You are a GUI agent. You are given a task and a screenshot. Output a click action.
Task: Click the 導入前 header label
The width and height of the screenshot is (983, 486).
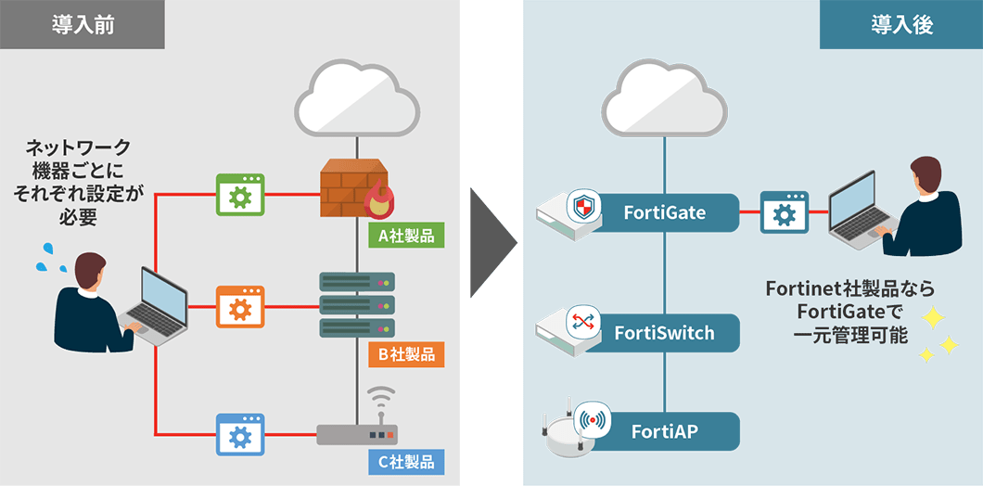tap(83, 24)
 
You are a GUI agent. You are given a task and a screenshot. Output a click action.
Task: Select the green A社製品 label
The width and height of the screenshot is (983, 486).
tap(405, 236)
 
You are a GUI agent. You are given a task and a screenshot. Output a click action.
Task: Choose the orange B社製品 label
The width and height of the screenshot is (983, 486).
tap(405, 353)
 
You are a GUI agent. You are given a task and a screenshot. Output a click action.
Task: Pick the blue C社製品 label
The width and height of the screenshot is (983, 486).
tap(405, 460)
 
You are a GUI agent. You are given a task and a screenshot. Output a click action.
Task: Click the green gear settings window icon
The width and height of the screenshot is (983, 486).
tap(240, 195)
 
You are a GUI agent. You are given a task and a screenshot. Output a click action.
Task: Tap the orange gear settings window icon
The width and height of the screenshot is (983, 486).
tap(240, 306)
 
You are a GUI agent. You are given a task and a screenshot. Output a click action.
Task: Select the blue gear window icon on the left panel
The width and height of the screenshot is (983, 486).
tap(240, 433)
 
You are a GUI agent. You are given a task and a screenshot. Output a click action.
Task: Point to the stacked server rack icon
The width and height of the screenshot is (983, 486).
tap(357, 304)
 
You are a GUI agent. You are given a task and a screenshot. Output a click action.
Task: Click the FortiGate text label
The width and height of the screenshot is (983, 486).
tap(665, 213)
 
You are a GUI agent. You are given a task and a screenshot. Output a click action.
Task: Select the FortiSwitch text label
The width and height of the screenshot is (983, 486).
tap(665, 332)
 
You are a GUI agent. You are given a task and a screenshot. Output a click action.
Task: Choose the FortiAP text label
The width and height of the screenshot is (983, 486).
tap(665, 430)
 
